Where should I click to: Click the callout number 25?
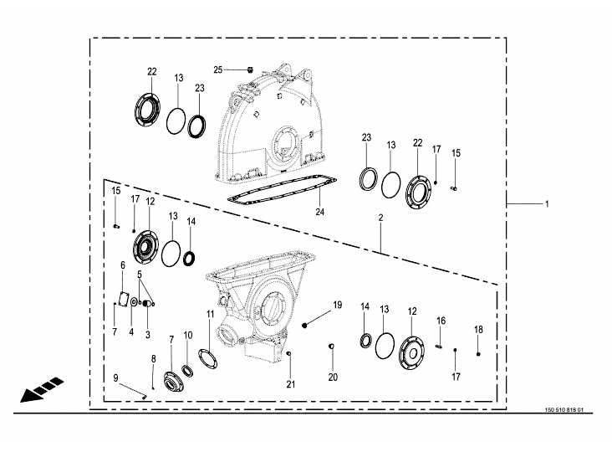coord(217,70)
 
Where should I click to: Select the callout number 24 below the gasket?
coord(319,212)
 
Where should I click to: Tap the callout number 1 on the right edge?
coord(547,204)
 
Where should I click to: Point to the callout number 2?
coord(381,218)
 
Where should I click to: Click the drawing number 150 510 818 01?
coord(564,410)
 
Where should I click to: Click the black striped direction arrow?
coord(42,389)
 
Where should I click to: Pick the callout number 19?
coord(338,305)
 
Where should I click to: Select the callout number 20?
coord(333,377)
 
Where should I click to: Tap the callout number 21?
coord(291,384)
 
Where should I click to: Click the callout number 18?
coord(478,330)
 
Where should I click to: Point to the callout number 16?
coord(441,321)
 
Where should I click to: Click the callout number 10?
coord(188,335)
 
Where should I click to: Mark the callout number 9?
coord(115,378)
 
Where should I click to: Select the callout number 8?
coord(153,359)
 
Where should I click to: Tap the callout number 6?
coord(123,265)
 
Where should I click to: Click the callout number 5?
coord(140,275)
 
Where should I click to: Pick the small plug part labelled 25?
coord(250,70)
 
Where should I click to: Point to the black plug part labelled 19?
coord(305,325)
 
